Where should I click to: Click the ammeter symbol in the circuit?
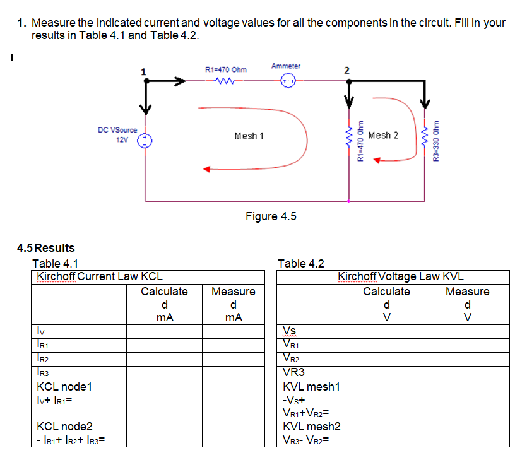pyautogui.click(x=288, y=81)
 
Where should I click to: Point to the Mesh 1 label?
pyautogui.click(x=249, y=136)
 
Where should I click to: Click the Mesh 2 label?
pyautogui.click(x=383, y=135)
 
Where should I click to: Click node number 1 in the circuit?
pyautogui.click(x=143, y=71)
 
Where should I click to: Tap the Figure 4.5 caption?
pyautogui.click(x=271, y=216)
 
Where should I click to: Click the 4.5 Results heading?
pyautogui.click(x=46, y=248)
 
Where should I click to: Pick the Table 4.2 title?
pyautogui.click(x=300, y=264)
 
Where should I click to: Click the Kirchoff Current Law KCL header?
pyautogui.click(x=100, y=276)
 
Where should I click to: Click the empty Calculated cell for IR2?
pyautogui.click(x=163, y=360)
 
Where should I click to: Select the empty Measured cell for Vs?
pyautogui.click(x=467, y=331)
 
